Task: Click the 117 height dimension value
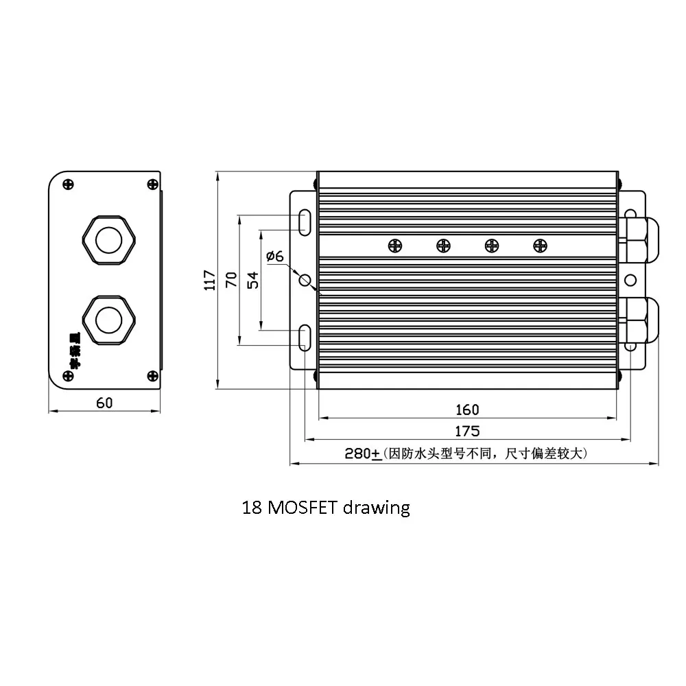click(x=211, y=279)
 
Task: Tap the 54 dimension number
click(x=252, y=279)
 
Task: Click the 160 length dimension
click(x=467, y=410)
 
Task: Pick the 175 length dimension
click(x=467, y=431)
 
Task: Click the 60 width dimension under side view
click(x=104, y=403)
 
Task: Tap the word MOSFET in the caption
click(x=300, y=508)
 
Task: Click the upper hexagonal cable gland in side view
click(x=108, y=240)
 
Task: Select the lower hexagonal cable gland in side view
click(x=108, y=320)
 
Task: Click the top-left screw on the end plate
click(x=67, y=184)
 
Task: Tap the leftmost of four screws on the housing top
click(x=394, y=245)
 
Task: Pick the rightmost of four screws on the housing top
click(x=540, y=245)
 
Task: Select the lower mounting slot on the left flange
click(x=305, y=338)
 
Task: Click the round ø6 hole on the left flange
click(x=305, y=280)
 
